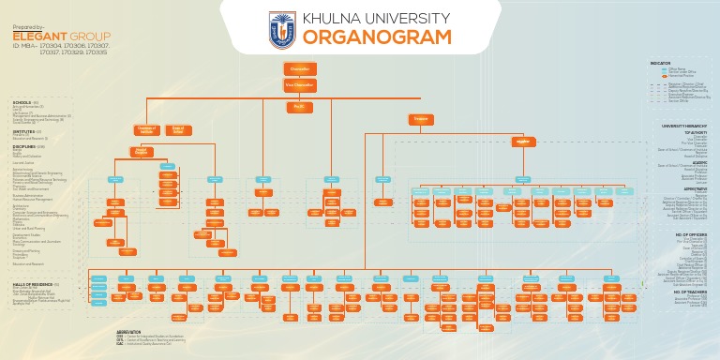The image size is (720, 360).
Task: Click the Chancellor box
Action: click(x=300, y=69)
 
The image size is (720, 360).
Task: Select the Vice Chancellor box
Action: click(x=300, y=85)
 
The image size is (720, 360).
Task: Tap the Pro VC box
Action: click(x=300, y=108)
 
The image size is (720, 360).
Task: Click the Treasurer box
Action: click(x=421, y=119)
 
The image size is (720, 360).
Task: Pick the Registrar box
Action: click(x=523, y=142)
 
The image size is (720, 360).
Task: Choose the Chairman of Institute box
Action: click(x=146, y=130)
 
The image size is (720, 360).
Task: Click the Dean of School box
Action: click(x=177, y=130)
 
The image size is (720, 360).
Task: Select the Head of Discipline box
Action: click(x=142, y=151)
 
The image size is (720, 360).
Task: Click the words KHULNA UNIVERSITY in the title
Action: click(x=377, y=18)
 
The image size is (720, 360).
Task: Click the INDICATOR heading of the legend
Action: click(x=660, y=63)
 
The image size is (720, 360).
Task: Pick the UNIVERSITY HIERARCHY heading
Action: click(x=684, y=126)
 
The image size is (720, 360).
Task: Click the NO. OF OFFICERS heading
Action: click(x=689, y=234)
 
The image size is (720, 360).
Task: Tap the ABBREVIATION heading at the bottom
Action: click(x=128, y=332)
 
